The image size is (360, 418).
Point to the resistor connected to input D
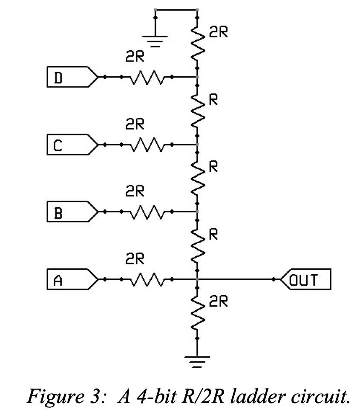pos(147,77)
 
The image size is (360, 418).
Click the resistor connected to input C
pos(147,145)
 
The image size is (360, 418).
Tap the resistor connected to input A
pos(147,280)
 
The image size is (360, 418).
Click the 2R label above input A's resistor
pos(134,258)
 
